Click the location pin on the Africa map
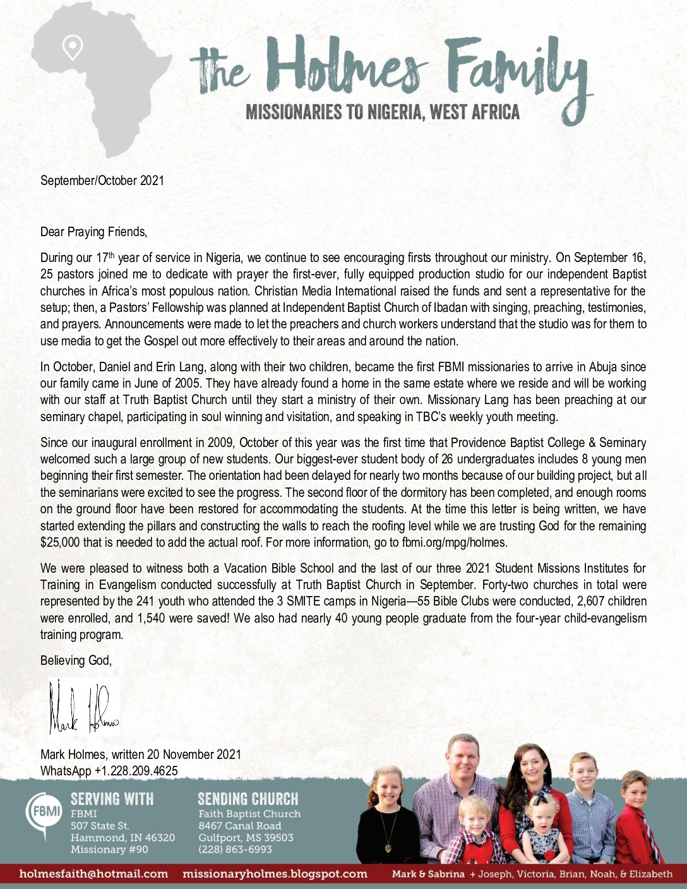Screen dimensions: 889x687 click(73, 47)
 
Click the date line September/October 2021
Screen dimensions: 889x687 click(102, 181)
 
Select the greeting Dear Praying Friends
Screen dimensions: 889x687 click(93, 232)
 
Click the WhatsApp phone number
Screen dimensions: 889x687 click(136, 771)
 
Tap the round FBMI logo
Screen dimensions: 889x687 click(44, 812)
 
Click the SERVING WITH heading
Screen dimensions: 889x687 click(112, 799)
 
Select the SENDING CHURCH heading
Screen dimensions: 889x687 click(248, 799)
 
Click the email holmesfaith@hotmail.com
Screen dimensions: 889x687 click(94, 874)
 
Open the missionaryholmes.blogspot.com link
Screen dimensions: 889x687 click(275, 874)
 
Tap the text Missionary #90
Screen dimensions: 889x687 click(109, 849)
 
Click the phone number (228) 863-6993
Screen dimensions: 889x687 click(235, 849)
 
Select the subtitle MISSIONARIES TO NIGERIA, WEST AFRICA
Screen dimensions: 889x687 click(383, 113)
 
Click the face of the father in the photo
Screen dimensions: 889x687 click(463, 757)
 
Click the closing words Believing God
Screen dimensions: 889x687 click(76, 660)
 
